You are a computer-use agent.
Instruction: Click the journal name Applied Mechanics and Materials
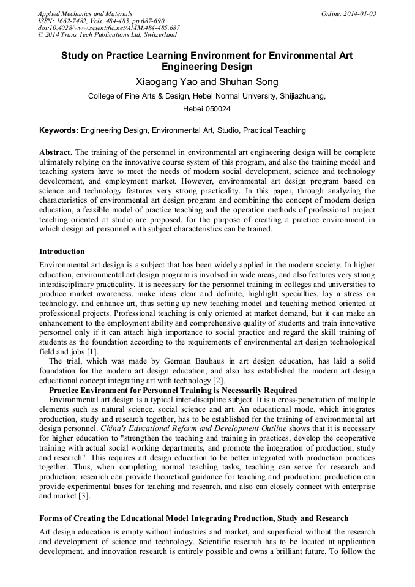pyautogui.click(x=84, y=13)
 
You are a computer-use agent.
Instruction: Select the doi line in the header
pyautogui.click(x=108, y=28)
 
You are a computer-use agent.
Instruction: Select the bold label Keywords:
pyautogui.click(x=59, y=130)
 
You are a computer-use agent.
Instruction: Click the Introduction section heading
pyautogui.click(x=62, y=252)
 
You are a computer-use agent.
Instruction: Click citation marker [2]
pyautogui.click(x=209, y=380)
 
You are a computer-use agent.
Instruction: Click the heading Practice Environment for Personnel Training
pyautogui.click(x=173, y=390)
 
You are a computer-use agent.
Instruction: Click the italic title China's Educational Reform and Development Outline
pyautogui.click(x=193, y=429)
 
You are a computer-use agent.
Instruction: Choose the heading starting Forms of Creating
pyautogui.click(x=194, y=519)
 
